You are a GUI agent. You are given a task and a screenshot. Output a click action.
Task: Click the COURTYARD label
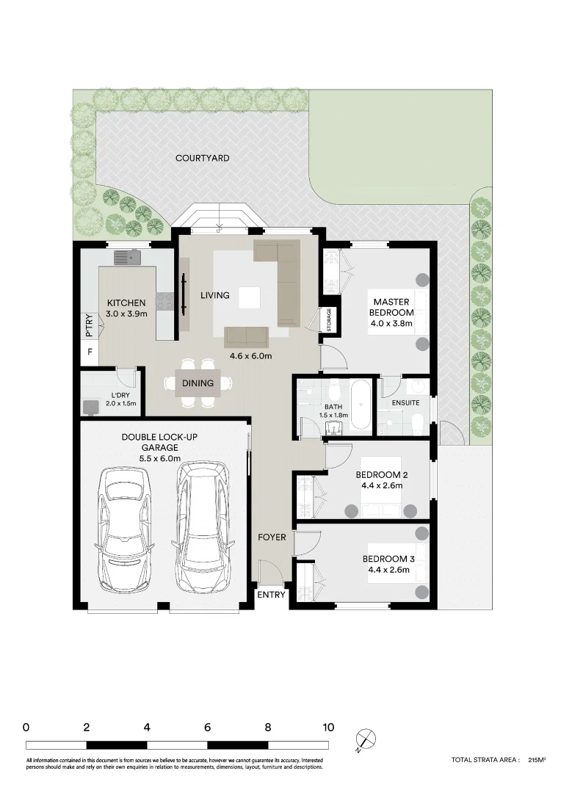(x=202, y=158)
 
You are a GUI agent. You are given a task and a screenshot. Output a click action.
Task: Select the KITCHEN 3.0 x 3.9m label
(x=127, y=308)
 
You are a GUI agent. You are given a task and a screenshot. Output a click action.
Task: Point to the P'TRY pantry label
(x=89, y=325)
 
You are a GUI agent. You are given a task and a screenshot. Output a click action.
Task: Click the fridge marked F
(x=90, y=352)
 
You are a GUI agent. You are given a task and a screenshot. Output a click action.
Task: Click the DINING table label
(x=198, y=383)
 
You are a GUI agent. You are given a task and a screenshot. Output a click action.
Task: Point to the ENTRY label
(x=270, y=595)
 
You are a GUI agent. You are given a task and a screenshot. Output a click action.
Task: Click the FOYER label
(x=272, y=537)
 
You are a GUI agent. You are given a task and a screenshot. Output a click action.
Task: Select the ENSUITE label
(x=406, y=403)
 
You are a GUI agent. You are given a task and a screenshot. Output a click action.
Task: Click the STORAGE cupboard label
(x=329, y=320)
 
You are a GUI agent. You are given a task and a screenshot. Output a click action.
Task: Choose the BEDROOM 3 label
(x=389, y=565)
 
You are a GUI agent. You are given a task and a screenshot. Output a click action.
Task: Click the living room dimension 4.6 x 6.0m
(x=250, y=357)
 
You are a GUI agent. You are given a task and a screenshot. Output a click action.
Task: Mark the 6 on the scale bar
(x=208, y=728)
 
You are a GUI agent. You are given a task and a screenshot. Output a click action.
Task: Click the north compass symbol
(x=364, y=739)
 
